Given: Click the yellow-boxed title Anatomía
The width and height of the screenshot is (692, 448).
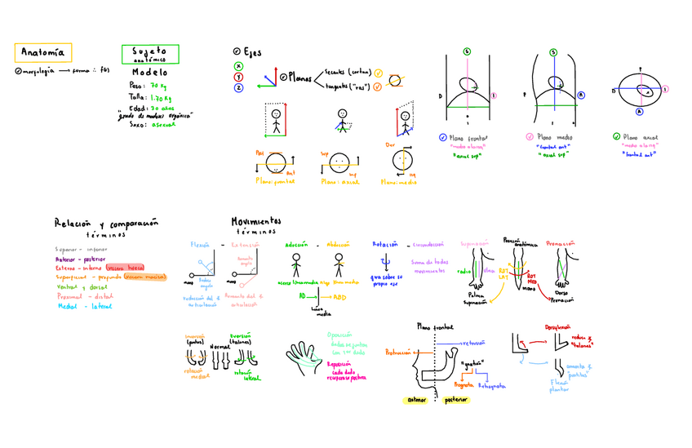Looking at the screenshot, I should click(x=43, y=53).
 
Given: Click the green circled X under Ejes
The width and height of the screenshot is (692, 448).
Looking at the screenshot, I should click(x=238, y=66).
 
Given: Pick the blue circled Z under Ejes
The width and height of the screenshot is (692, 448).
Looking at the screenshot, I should click(x=238, y=87).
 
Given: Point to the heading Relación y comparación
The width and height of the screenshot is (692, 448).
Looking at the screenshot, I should click(x=106, y=222).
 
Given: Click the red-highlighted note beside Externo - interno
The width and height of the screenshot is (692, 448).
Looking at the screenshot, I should click(x=126, y=268).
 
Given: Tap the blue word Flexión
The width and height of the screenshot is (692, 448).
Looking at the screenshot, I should click(x=201, y=244).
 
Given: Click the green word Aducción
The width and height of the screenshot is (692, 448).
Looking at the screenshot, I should click(x=296, y=244).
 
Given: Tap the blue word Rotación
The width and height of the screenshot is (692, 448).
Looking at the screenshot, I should click(x=385, y=244).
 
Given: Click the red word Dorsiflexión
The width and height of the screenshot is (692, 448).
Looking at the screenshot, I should click(x=558, y=326).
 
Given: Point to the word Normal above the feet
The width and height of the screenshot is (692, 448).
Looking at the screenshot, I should click(x=220, y=347).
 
